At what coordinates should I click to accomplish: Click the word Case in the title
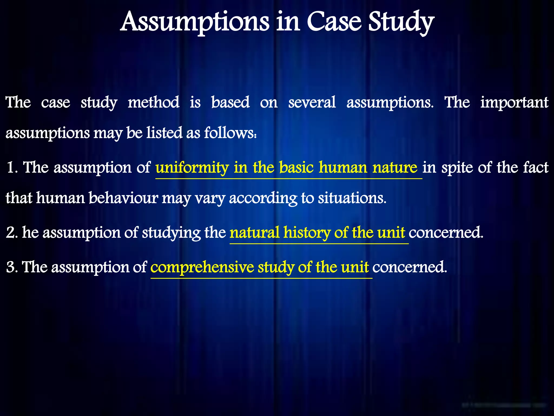(x=334, y=22)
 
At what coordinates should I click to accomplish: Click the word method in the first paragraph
(x=153, y=102)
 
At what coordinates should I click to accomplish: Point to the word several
(x=312, y=102)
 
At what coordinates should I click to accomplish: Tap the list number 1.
(x=11, y=167)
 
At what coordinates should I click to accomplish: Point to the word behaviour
(x=123, y=198)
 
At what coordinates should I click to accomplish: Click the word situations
(x=352, y=198)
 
